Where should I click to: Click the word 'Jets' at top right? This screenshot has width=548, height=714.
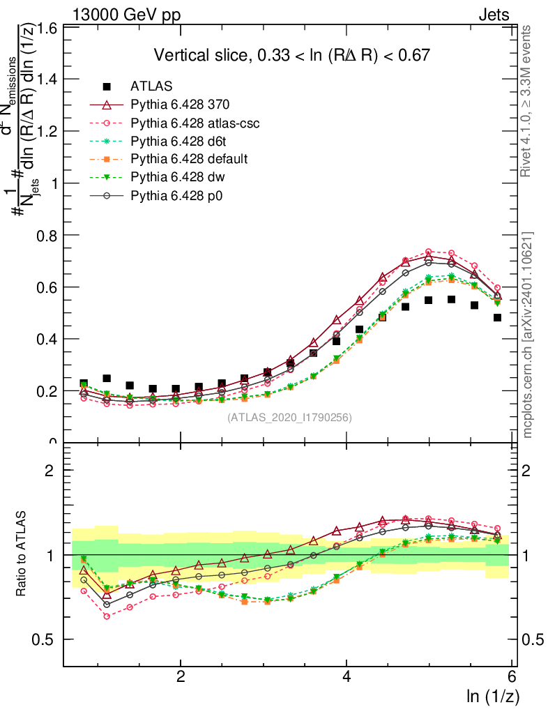click(x=493, y=15)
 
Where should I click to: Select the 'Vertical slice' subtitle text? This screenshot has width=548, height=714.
click(x=291, y=55)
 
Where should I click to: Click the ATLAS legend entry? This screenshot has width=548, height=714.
click(x=151, y=86)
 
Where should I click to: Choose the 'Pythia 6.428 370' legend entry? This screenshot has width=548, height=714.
click(x=180, y=105)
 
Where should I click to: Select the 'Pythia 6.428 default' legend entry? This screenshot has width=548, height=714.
click(x=188, y=159)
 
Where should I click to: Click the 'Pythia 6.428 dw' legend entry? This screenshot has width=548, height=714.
click(x=177, y=177)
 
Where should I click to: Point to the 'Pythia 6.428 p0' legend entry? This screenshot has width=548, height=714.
click(x=177, y=196)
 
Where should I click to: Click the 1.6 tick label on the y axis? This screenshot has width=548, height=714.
click(x=47, y=29)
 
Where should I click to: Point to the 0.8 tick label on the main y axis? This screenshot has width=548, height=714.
click(x=47, y=235)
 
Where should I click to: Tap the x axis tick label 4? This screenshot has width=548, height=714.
click(x=347, y=677)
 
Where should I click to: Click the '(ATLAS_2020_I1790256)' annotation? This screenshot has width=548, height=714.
click(x=289, y=418)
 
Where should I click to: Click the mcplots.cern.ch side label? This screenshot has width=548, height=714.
click(x=528, y=335)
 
